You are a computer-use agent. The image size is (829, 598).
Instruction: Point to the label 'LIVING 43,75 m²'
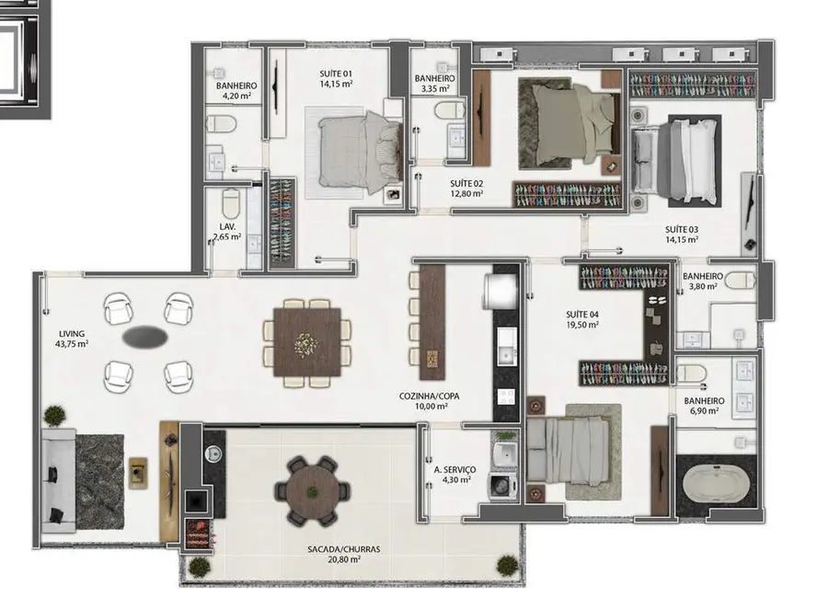[x=71, y=339]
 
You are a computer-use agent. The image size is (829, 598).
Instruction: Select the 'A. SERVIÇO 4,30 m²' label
[x=455, y=474]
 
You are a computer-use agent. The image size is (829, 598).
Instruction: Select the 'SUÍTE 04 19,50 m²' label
[x=583, y=319]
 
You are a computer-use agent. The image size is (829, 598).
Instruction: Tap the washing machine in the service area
[x=502, y=485]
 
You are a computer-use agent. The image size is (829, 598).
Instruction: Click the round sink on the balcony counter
[x=213, y=454]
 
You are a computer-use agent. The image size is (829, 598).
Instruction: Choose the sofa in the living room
[x=57, y=478]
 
